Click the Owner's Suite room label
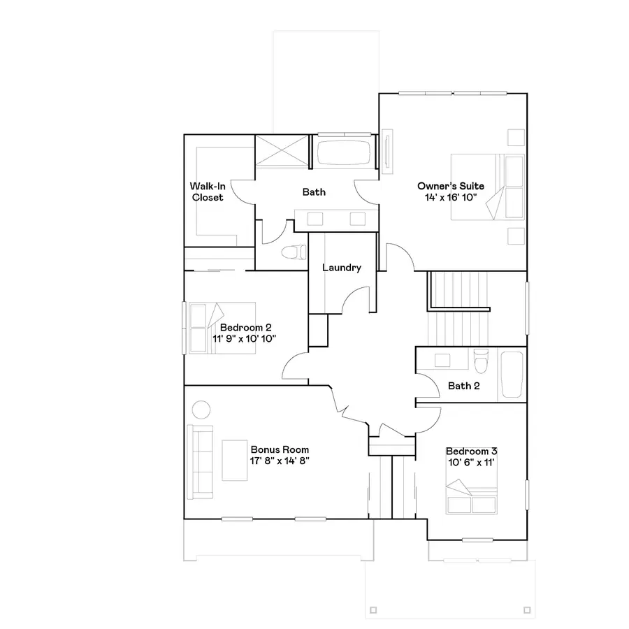[x=451, y=186]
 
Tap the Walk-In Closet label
[x=208, y=191]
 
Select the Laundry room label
[x=342, y=268]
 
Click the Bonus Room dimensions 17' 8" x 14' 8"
[x=280, y=461]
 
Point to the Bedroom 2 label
[x=245, y=327]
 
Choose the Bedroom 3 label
[x=472, y=451]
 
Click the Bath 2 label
[x=464, y=385]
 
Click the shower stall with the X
[x=281, y=151]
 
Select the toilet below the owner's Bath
[x=290, y=252]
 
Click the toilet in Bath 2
[x=480, y=361]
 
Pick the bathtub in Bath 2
[x=512, y=375]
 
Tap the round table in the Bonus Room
[x=201, y=410]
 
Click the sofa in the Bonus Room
[x=200, y=461]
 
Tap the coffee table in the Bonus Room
[x=236, y=461]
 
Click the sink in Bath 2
[x=442, y=361]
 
